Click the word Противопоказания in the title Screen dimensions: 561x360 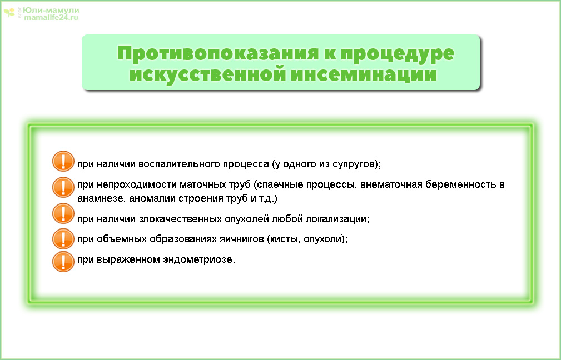tap(217, 53)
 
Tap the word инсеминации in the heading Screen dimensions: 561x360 tap(364, 74)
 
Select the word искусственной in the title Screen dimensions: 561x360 tap(207, 74)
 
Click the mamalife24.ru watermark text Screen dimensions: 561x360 tap(51, 17)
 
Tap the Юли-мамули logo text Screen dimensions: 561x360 tap(51, 11)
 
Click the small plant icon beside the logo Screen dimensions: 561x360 tap(9, 13)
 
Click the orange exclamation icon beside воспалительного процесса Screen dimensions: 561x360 tap(63, 161)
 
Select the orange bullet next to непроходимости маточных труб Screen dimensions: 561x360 tap(63, 187)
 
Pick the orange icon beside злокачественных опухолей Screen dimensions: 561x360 tap(63, 213)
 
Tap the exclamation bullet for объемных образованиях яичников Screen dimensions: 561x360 tap(63, 239)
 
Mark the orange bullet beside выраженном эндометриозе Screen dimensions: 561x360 tap(63, 261)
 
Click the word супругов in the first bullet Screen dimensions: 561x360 tap(354, 164)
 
